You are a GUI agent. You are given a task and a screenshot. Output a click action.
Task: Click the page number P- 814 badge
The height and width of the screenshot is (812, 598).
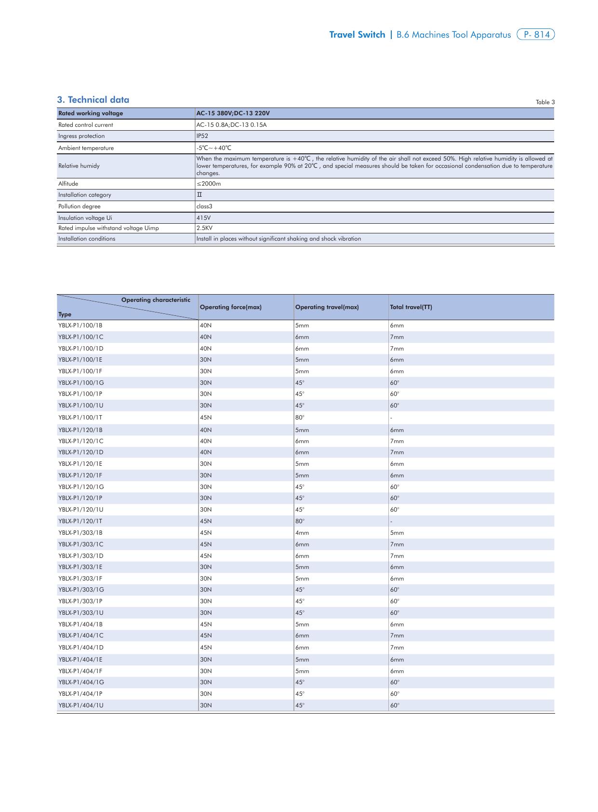[x=535, y=35]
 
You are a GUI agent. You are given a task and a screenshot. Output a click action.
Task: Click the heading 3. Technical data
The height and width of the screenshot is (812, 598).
[x=93, y=100]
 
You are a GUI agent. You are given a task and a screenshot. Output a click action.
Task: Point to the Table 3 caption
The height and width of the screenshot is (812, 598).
[x=545, y=102]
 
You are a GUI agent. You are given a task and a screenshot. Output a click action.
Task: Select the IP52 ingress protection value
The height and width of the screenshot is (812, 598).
[x=202, y=136]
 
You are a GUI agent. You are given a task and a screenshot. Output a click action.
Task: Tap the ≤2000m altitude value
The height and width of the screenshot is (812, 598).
[x=209, y=184]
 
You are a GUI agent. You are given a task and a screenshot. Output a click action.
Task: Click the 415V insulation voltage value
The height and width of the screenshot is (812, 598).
[x=203, y=218]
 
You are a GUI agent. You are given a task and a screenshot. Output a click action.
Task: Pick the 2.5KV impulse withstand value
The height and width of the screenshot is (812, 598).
[x=204, y=228]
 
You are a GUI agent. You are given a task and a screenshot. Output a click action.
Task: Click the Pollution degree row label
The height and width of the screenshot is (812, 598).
[x=80, y=206]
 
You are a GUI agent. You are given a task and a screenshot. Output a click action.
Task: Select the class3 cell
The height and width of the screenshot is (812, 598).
[x=204, y=206]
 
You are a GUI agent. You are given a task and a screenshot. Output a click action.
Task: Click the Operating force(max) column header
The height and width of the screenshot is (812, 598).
[x=230, y=307]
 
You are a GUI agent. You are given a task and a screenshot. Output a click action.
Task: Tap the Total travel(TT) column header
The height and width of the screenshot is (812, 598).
[x=411, y=307]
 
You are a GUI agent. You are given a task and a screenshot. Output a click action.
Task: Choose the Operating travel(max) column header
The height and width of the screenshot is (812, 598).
[x=327, y=307]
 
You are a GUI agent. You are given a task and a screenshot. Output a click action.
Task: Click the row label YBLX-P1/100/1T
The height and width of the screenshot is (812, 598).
[x=80, y=418]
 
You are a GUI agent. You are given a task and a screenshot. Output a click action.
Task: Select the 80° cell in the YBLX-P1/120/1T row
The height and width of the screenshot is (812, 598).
[x=300, y=521]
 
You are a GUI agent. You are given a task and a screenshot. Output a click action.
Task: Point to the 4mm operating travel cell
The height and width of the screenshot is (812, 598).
[x=302, y=533]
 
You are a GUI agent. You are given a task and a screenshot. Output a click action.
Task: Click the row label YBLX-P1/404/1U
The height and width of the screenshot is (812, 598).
[x=80, y=705]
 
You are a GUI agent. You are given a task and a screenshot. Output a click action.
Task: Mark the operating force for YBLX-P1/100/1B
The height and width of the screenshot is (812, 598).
[x=206, y=325]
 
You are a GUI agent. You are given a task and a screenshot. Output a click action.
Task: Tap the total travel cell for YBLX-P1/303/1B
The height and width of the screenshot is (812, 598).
[x=397, y=533]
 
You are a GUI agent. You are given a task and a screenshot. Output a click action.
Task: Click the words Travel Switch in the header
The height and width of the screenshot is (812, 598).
[x=357, y=35]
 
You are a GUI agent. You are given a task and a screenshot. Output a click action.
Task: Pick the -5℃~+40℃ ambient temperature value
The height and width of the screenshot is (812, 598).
[x=214, y=148]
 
